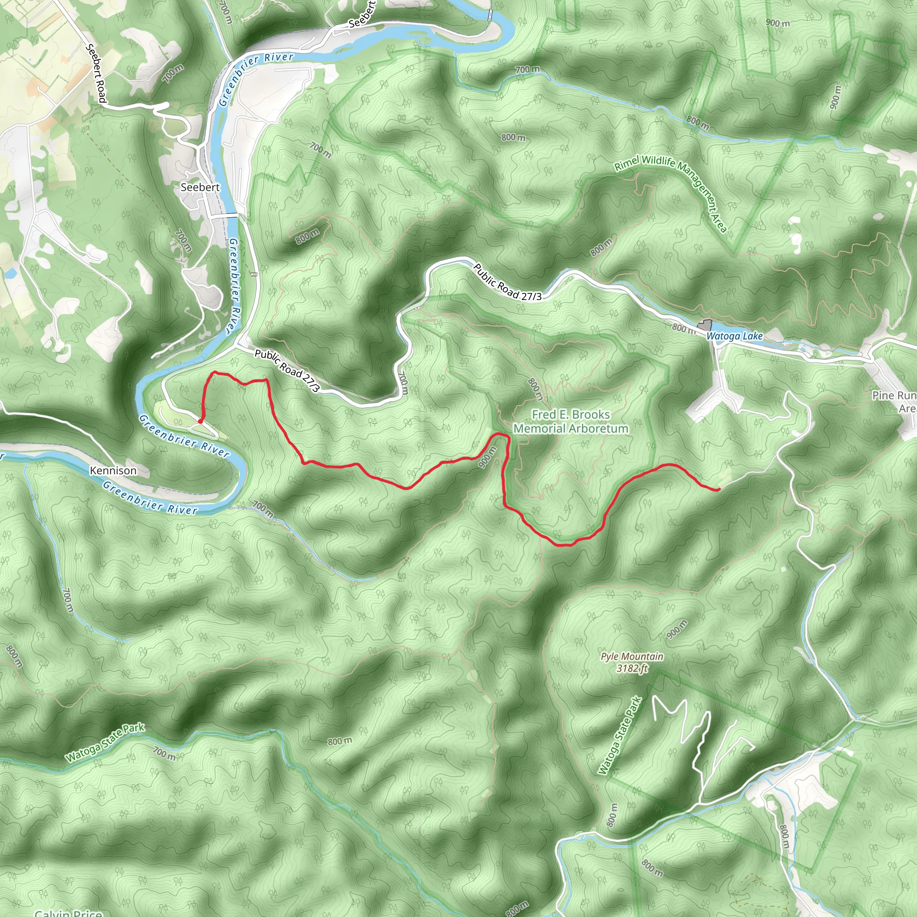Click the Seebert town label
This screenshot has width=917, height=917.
(200, 188)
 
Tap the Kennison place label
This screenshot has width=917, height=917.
(113, 471)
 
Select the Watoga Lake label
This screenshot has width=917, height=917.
(734, 336)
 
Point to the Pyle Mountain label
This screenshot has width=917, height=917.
(632, 656)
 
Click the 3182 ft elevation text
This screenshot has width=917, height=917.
(632, 668)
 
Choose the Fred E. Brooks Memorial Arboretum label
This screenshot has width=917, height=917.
(570, 421)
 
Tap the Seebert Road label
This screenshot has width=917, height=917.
(95, 73)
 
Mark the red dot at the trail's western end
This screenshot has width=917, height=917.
(201, 421)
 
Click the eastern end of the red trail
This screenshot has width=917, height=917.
(719, 489)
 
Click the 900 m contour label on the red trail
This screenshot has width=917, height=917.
(487, 457)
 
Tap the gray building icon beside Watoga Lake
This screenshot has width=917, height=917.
(705, 326)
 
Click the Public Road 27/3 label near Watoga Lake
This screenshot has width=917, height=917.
(507, 283)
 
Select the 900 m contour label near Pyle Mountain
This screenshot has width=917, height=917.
(677, 630)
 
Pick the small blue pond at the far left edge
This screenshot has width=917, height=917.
(9, 273)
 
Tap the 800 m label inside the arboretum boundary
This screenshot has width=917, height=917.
(535, 389)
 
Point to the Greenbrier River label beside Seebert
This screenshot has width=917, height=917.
(235, 285)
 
